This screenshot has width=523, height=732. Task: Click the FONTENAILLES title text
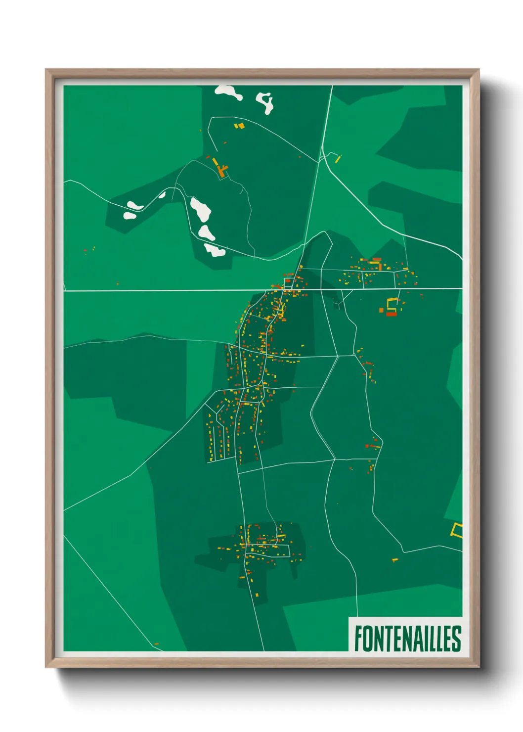[407, 639]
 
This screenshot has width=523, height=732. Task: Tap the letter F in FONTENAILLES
[358, 639]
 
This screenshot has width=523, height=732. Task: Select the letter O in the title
[368, 639]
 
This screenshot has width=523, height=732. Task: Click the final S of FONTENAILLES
[457, 639]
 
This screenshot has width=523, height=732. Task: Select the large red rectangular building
[391, 314]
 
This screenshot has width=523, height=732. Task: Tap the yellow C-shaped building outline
[392, 303]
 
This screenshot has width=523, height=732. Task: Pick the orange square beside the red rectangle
[381, 310]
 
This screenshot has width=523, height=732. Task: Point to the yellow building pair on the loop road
[239, 126]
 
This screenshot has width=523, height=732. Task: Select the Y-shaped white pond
[265, 102]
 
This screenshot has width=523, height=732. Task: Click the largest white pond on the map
[201, 210]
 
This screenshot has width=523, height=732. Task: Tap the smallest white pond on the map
[162, 195]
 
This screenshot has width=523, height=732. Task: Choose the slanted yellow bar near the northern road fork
[338, 159]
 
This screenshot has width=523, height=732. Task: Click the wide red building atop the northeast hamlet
[377, 259]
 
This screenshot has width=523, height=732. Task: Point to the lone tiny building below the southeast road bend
[394, 560]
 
